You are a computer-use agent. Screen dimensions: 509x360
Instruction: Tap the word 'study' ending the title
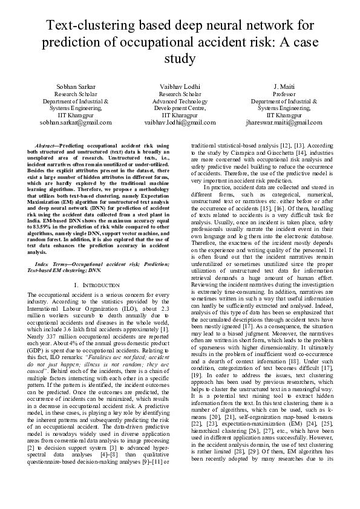pyautogui.click(x=180, y=59)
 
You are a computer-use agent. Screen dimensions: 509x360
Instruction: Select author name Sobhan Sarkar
pyautogui.click(x=76, y=87)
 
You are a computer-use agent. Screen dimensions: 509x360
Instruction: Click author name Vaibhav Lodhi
pyautogui.click(x=180, y=87)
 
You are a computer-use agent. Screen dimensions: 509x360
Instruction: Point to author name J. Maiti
pyautogui.click(x=284, y=87)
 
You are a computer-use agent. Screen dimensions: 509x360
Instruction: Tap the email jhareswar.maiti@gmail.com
pyautogui.click(x=284, y=122)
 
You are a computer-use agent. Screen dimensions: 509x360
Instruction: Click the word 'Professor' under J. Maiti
pyautogui.click(x=284, y=95)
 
